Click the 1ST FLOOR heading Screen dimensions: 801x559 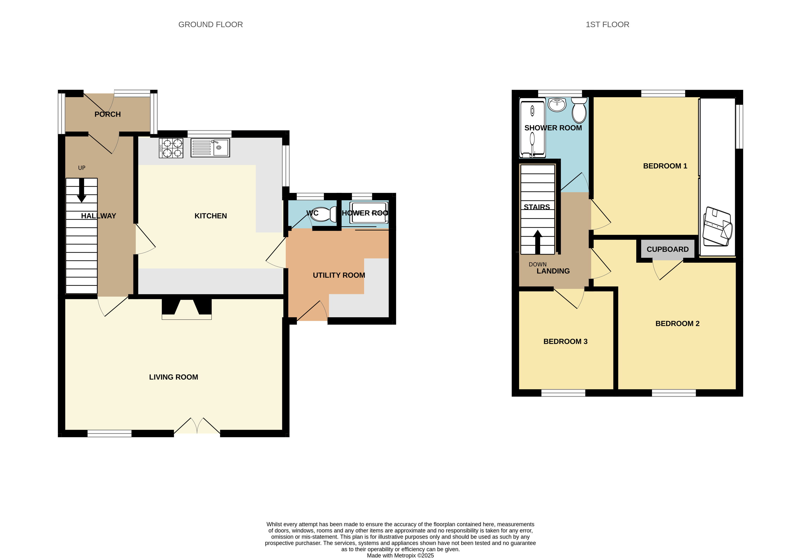(x=607, y=24)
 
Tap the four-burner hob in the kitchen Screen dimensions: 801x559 (x=171, y=148)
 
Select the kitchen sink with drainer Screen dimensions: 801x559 (x=210, y=147)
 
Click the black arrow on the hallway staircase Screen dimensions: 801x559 (x=82, y=190)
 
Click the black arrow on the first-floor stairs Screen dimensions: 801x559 (x=538, y=242)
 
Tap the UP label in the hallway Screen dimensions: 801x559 (x=82, y=168)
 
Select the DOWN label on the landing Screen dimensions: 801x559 (x=538, y=264)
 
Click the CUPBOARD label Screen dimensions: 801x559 (x=667, y=249)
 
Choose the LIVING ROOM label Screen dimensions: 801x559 (x=173, y=377)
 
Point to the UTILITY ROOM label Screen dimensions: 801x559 (x=339, y=275)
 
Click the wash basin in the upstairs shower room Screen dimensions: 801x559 (x=557, y=105)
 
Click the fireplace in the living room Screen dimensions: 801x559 (x=187, y=309)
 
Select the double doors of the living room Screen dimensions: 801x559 (x=197, y=425)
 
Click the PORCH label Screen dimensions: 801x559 (x=107, y=114)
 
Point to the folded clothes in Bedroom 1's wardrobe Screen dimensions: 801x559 (x=717, y=227)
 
